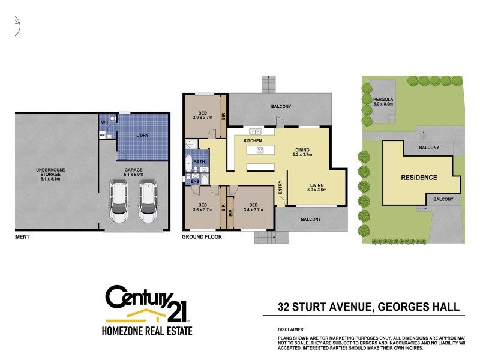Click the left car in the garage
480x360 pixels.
pyautogui.click(x=119, y=202)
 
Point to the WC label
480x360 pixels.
pyautogui.click(x=104, y=122)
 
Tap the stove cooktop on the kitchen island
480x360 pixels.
pyautogui.click(x=262, y=149)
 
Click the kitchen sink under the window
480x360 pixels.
pyautogui.click(x=253, y=130)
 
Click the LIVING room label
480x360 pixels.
pyautogui.click(x=318, y=185)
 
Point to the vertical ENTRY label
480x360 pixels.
pyautogui.click(x=280, y=187)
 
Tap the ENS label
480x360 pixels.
pyautogui.click(x=195, y=181)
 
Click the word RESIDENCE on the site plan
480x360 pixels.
pyautogui.click(x=419, y=178)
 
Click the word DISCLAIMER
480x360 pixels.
pyautogui.click(x=290, y=329)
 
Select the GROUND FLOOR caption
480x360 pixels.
pyautogui.click(x=202, y=237)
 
